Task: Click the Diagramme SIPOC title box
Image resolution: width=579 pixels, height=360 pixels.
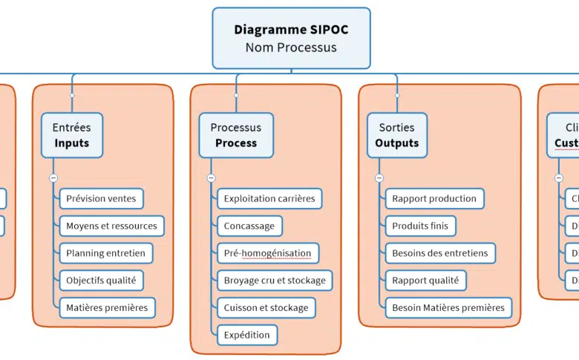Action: point(291,38)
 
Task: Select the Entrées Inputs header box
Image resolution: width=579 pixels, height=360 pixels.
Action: point(71,135)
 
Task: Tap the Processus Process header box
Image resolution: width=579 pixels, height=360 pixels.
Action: point(236,135)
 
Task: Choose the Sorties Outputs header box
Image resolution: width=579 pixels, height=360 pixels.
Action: point(396,135)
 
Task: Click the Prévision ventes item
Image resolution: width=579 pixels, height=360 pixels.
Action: point(101,198)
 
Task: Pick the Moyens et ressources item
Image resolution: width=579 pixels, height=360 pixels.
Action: point(111,226)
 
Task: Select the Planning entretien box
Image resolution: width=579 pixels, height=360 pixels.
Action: point(105,253)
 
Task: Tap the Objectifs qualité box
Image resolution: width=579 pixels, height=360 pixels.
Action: point(100,281)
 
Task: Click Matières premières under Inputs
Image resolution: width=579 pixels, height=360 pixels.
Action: point(107,307)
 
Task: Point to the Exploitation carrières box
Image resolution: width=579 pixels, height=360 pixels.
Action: point(269,198)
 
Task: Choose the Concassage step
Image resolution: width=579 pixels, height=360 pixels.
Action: point(249,226)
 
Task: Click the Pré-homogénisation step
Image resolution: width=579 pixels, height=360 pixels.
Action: point(267,253)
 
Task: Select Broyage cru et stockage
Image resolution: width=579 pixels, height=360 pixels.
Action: point(275,281)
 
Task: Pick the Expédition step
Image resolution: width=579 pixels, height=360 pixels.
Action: point(247,335)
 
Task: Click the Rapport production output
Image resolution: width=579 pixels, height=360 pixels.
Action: point(434,198)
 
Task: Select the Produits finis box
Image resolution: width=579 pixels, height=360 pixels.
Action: point(420,226)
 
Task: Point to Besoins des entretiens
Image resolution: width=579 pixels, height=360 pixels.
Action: point(440,253)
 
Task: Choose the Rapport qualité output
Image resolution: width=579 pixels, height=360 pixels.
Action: point(425,281)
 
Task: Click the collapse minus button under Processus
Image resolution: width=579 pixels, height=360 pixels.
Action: point(211,178)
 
